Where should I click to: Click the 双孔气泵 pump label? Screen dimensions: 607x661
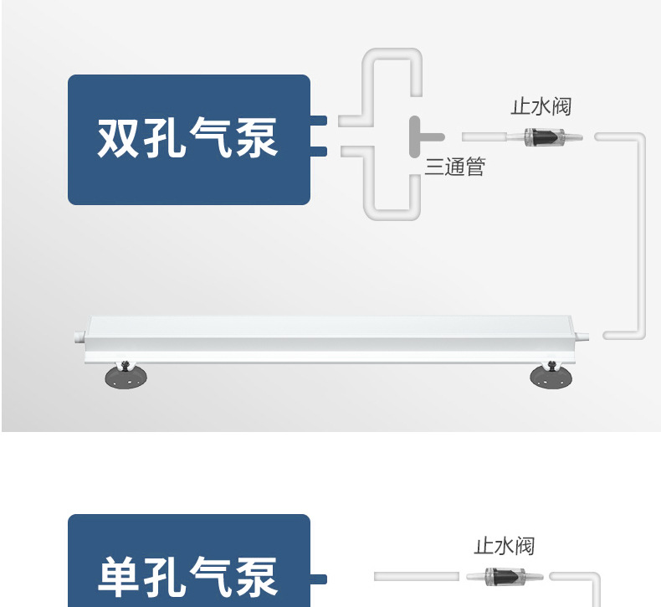point(188,139)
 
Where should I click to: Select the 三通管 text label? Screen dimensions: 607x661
point(454,167)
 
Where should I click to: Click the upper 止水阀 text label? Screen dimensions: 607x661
point(541,106)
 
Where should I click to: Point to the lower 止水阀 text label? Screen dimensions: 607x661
point(504,546)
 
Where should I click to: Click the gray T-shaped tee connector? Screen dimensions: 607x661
point(423,136)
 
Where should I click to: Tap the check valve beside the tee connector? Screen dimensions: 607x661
point(541,136)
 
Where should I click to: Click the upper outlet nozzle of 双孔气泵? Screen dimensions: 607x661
point(318,121)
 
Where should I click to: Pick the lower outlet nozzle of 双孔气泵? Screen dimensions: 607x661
point(318,151)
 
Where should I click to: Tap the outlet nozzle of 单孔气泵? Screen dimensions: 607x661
point(318,578)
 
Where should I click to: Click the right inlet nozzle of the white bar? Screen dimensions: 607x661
point(583,336)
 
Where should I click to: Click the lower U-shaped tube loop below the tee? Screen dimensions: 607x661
point(392,209)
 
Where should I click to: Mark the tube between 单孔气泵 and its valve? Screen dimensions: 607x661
point(416,577)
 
